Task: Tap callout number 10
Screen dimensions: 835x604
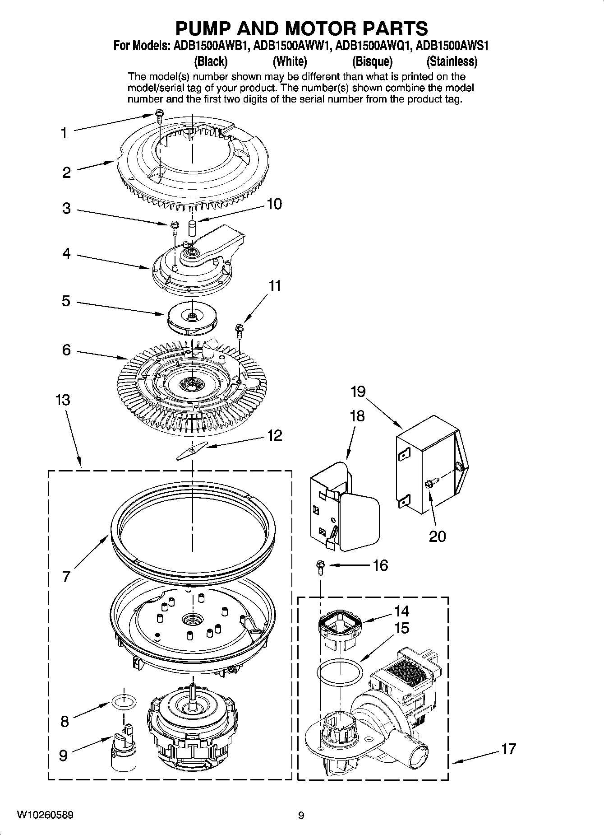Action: [274, 204]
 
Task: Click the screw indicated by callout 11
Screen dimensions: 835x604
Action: [239, 331]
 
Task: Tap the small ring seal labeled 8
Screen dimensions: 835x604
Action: [124, 702]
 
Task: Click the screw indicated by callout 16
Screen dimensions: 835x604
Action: [321, 567]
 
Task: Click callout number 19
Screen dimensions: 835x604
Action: [358, 391]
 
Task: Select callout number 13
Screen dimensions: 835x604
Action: [63, 400]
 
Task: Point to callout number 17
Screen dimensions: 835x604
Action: [508, 749]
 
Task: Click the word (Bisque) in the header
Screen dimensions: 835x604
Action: [372, 61]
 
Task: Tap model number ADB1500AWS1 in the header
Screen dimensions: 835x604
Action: [452, 46]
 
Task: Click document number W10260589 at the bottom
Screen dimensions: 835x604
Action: [46, 815]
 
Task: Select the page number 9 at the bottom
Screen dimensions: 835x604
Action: [301, 815]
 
